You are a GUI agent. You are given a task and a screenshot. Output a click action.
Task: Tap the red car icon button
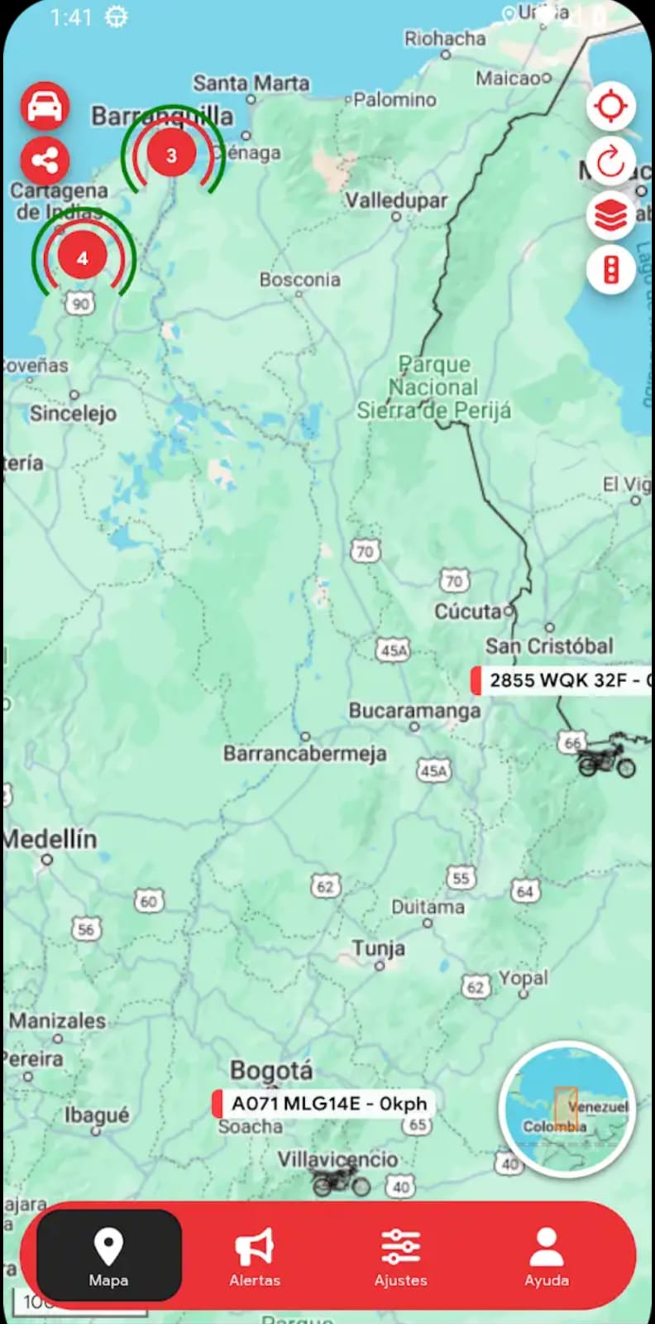pos(45,107)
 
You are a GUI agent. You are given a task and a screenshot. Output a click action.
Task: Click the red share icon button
pos(45,161)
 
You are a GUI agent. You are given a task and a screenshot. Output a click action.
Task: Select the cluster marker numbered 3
pos(171,155)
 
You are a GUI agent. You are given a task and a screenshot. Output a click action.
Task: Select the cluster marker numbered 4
pos(82,258)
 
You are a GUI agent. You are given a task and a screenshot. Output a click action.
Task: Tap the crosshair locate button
pos(611,107)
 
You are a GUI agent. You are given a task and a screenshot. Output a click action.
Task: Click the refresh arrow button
pos(611,161)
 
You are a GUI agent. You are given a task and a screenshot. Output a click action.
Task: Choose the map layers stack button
pos(611,216)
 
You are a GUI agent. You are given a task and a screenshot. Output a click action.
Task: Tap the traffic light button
pos(611,270)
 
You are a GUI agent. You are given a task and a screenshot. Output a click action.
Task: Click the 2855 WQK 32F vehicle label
pos(562,680)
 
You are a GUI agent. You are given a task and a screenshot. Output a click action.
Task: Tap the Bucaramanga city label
pos(414,711)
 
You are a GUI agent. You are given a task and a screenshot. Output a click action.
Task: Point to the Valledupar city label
pos(396,201)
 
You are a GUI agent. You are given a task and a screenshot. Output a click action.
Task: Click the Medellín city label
pos(50,839)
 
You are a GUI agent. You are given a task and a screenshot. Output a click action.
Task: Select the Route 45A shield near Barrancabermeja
pos(433,771)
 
